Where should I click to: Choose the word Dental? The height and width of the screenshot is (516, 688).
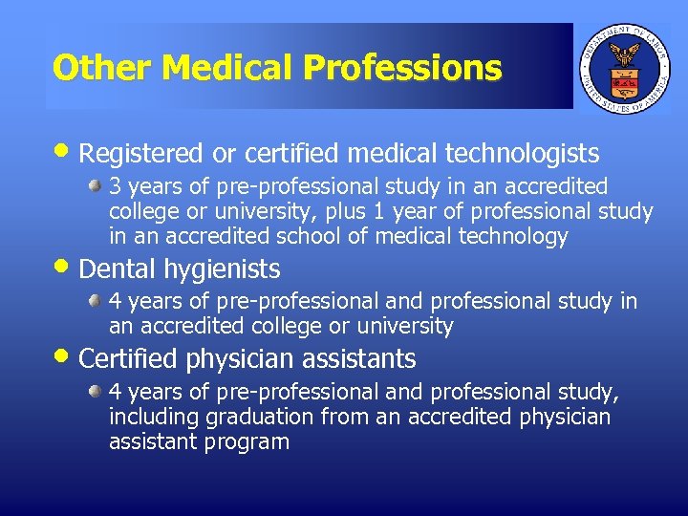point(115,269)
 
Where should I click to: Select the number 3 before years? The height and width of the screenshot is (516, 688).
point(115,185)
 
